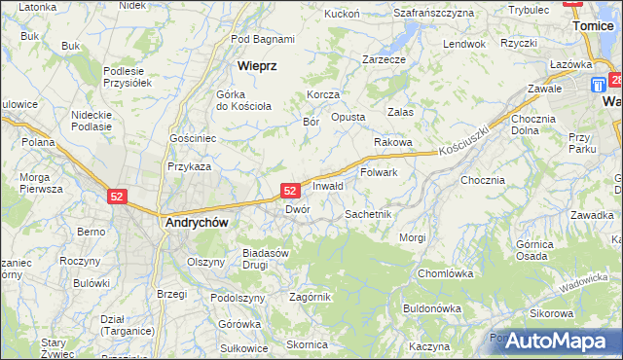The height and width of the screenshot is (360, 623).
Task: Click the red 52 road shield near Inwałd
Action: pos(290,191)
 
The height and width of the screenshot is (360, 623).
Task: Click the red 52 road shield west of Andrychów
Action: pos(118,196)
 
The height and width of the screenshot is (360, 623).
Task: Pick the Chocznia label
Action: pos(483,180)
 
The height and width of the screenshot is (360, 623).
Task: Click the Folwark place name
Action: pos(379,172)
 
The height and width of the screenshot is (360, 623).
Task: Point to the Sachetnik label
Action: pos(368,213)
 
